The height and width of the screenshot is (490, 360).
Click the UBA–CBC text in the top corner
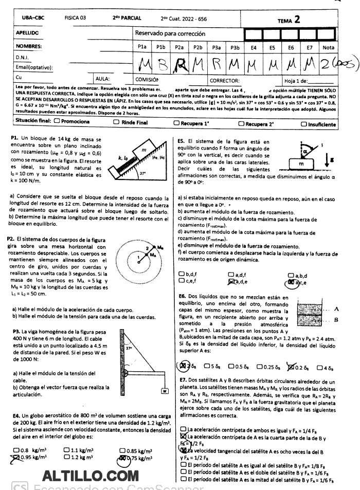coord(32,21)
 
